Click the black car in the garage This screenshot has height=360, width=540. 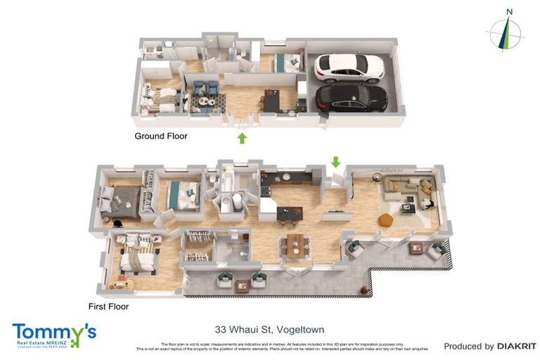click(x=351, y=97)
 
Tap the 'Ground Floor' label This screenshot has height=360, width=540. click(x=161, y=136)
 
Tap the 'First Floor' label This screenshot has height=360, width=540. click(x=108, y=307)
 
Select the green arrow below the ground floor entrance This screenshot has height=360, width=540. click(x=242, y=138)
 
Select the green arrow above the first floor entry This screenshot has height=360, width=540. click(x=335, y=162)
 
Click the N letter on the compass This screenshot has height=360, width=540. click(x=508, y=11)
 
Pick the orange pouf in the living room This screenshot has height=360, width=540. click(x=385, y=220)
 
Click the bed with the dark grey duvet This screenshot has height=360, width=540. click(x=119, y=199)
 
